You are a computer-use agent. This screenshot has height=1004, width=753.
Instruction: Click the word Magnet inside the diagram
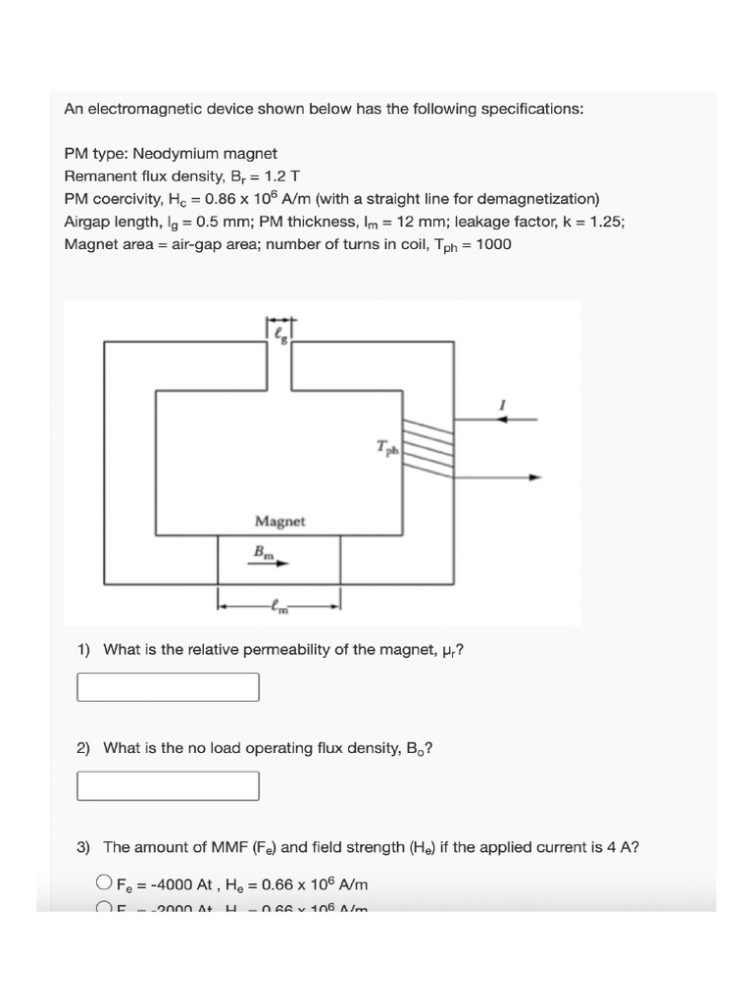[x=279, y=522]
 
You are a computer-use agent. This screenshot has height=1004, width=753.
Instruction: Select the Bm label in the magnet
[x=265, y=552]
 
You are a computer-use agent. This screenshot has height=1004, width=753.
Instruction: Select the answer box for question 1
[x=168, y=687]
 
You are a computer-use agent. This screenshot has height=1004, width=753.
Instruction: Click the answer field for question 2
[x=168, y=785]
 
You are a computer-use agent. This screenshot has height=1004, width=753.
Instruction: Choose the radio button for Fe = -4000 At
[x=104, y=881]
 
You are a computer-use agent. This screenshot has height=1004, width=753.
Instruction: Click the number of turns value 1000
[x=492, y=244]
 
